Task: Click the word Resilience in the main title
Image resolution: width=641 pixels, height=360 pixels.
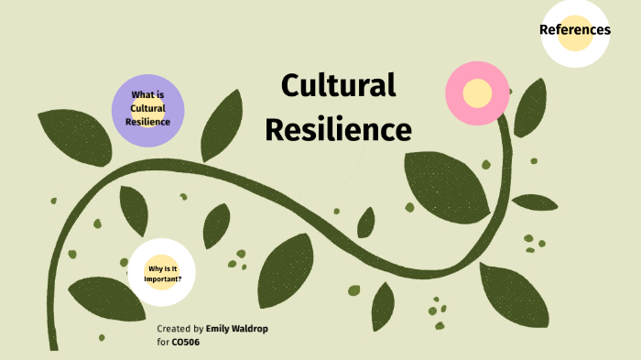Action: coord(338,130)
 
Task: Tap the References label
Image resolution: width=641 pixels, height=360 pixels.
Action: coord(574,29)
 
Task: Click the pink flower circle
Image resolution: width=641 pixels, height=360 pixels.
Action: coord(477,93)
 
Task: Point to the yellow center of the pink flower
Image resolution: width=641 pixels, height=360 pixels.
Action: coord(477,93)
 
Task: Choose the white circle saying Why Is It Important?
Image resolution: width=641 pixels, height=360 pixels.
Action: coord(163,272)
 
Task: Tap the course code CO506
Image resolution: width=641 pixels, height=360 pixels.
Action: coord(186,342)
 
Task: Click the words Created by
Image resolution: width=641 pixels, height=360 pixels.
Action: coord(180,328)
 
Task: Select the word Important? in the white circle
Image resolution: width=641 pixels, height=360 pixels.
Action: coord(163,278)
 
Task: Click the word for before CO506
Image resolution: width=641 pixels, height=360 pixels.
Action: coord(163,342)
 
